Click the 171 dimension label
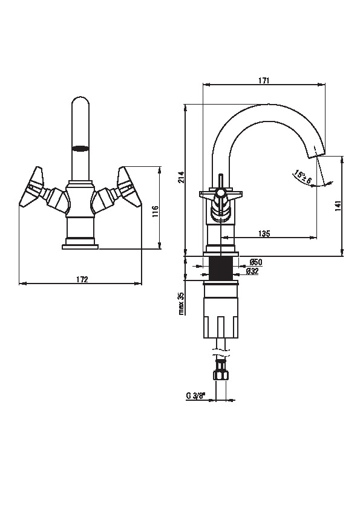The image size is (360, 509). point(264,80)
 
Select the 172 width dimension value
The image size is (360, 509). point(82,279)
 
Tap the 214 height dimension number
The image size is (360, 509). point(182,177)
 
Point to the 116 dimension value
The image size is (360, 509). point(155,212)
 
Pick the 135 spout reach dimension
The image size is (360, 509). point(264,233)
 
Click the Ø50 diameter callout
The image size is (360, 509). point(256,262)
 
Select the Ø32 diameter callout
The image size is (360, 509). point(252,271)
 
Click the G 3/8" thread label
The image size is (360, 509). point(196,396)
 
